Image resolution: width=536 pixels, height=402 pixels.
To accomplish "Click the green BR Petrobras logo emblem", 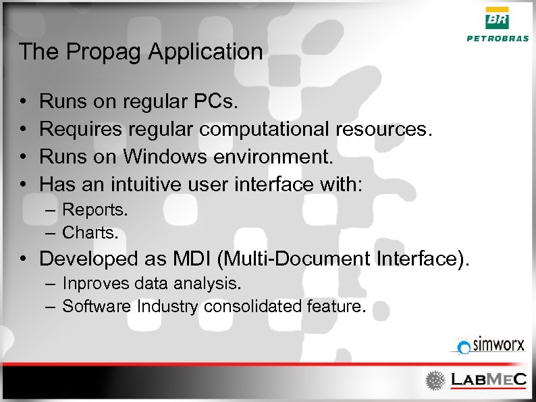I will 498,19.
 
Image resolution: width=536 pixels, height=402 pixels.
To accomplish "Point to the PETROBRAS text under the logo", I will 498,39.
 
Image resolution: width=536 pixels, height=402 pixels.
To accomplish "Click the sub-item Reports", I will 95,210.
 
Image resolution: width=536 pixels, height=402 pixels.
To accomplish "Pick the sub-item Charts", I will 90,233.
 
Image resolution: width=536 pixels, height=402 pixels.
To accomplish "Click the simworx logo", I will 489,346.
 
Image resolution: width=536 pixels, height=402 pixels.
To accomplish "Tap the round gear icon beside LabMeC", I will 435,380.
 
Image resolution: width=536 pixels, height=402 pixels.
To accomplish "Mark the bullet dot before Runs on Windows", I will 23,157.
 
